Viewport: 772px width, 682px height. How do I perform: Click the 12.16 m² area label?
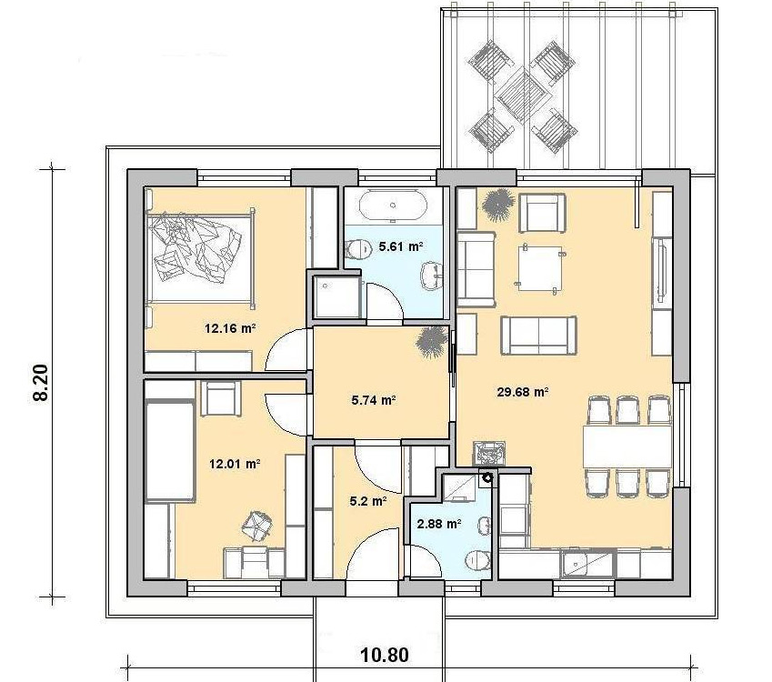230,328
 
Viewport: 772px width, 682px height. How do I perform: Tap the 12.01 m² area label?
235,464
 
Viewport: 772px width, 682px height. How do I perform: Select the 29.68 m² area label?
523,392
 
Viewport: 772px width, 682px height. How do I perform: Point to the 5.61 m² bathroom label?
401,246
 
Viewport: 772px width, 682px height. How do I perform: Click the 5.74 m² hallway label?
375,400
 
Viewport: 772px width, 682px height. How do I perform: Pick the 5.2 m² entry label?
367,502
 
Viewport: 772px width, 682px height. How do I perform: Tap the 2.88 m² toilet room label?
439,524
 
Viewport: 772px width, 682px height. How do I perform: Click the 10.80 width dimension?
385,655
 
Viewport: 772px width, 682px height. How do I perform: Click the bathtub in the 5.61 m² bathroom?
393,206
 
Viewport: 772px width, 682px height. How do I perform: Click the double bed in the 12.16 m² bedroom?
200,257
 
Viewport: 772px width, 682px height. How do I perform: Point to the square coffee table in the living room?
539,268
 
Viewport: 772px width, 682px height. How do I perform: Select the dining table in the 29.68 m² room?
627,446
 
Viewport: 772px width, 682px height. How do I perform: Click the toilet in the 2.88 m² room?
477,560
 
